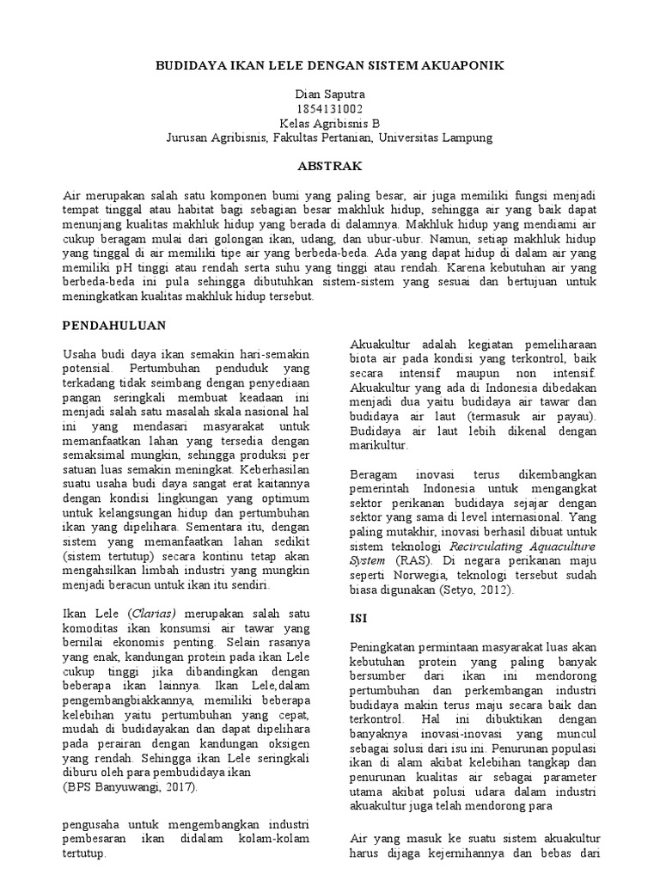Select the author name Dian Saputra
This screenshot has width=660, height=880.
tap(329, 94)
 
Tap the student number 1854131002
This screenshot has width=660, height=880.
tap(329, 108)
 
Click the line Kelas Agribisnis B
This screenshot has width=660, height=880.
tap(329, 123)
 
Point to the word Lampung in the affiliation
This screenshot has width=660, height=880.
tap(465, 137)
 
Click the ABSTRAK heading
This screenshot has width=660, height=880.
tap(329, 166)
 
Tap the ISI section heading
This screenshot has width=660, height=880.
tap(358, 617)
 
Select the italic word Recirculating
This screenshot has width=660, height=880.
tap(485, 545)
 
